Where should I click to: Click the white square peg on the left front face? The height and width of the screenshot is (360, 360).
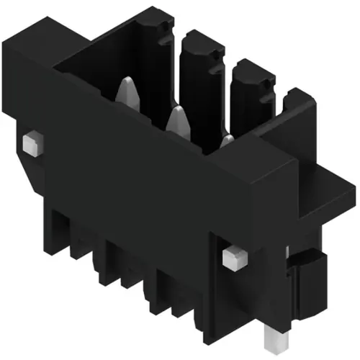(x=30, y=143)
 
